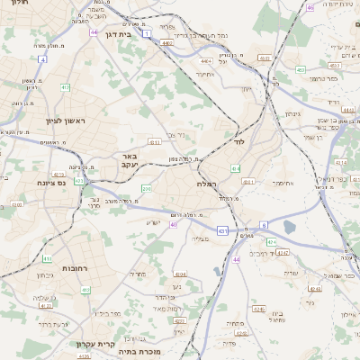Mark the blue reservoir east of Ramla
pyautogui.click(x=289, y=227)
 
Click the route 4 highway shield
pyautogui.click(x=42, y=59)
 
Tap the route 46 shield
pyautogui.click(x=310, y=7)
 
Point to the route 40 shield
pyautogui.click(x=173, y=224)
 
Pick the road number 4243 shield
pyautogui.click(x=315, y=289)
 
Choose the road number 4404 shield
pyautogui.click(x=206, y=60)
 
